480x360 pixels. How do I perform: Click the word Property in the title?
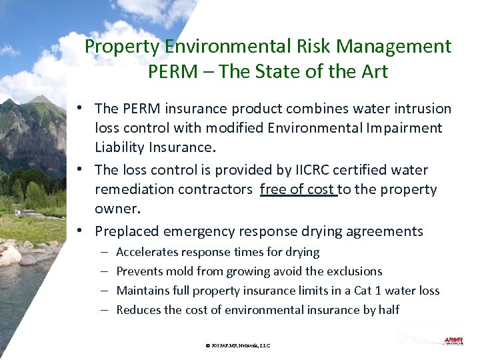(x=122, y=47)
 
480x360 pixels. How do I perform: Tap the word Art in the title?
(x=374, y=71)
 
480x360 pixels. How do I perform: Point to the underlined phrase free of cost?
(x=298, y=189)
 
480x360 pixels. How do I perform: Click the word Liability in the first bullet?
(x=121, y=147)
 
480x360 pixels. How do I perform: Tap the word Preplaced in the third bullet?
(x=127, y=231)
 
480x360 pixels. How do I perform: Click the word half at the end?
(x=387, y=310)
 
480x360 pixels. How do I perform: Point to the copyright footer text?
(x=238, y=345)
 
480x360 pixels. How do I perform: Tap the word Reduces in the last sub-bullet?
(x=138, y=310)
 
